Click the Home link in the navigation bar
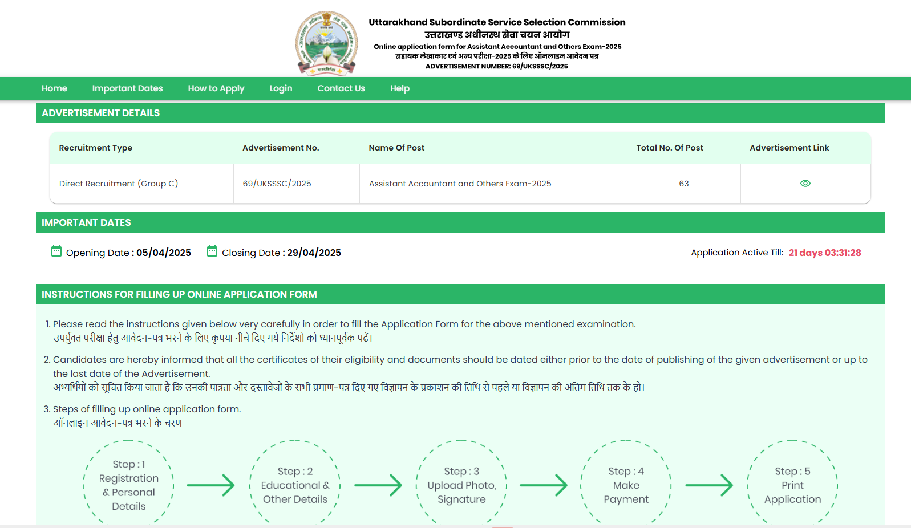point(54,88)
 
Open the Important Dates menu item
point(127,88)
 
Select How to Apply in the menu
point(216,88)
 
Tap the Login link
point(281,88)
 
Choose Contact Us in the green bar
point(341,88)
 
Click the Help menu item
point(400,88)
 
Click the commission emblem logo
point(326,43)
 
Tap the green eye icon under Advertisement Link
point(805,184)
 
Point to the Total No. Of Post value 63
point(683,184)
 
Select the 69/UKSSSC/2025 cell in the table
point(277,184)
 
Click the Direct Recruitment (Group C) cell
point(119,184)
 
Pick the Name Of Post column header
point(396,148)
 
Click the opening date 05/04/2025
point(164,253)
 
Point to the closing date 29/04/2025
point(314,253)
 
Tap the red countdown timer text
point(824,253)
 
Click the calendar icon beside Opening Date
point(56,251)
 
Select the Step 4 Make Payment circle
point(626,485)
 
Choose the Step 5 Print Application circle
point(792,485)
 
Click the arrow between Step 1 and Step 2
point(210,485)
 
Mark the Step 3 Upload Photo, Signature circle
point(461,485)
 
